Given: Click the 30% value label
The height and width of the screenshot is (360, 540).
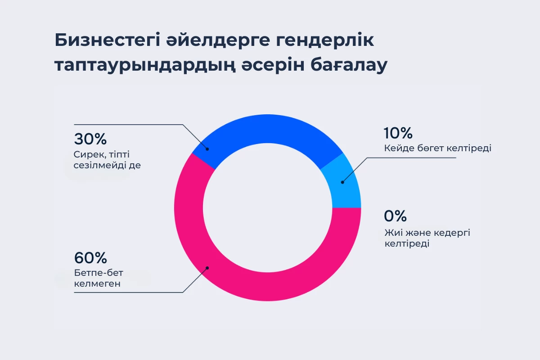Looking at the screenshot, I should pos(90,139).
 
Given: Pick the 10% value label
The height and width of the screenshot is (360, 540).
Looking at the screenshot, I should pos(398,133).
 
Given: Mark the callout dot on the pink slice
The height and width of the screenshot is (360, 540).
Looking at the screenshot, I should pos(207,268).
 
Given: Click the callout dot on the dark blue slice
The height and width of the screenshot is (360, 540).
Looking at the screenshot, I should pos(207,148).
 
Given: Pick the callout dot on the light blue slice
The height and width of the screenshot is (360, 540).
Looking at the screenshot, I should pos(342,182).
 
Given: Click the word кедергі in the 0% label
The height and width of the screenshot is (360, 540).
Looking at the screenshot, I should pos(441,233).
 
